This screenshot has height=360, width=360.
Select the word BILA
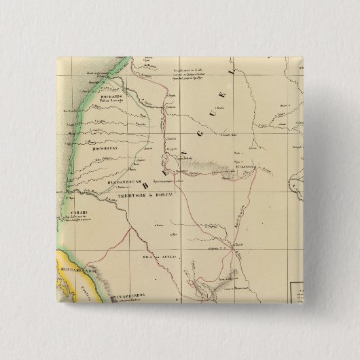point(143,259)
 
